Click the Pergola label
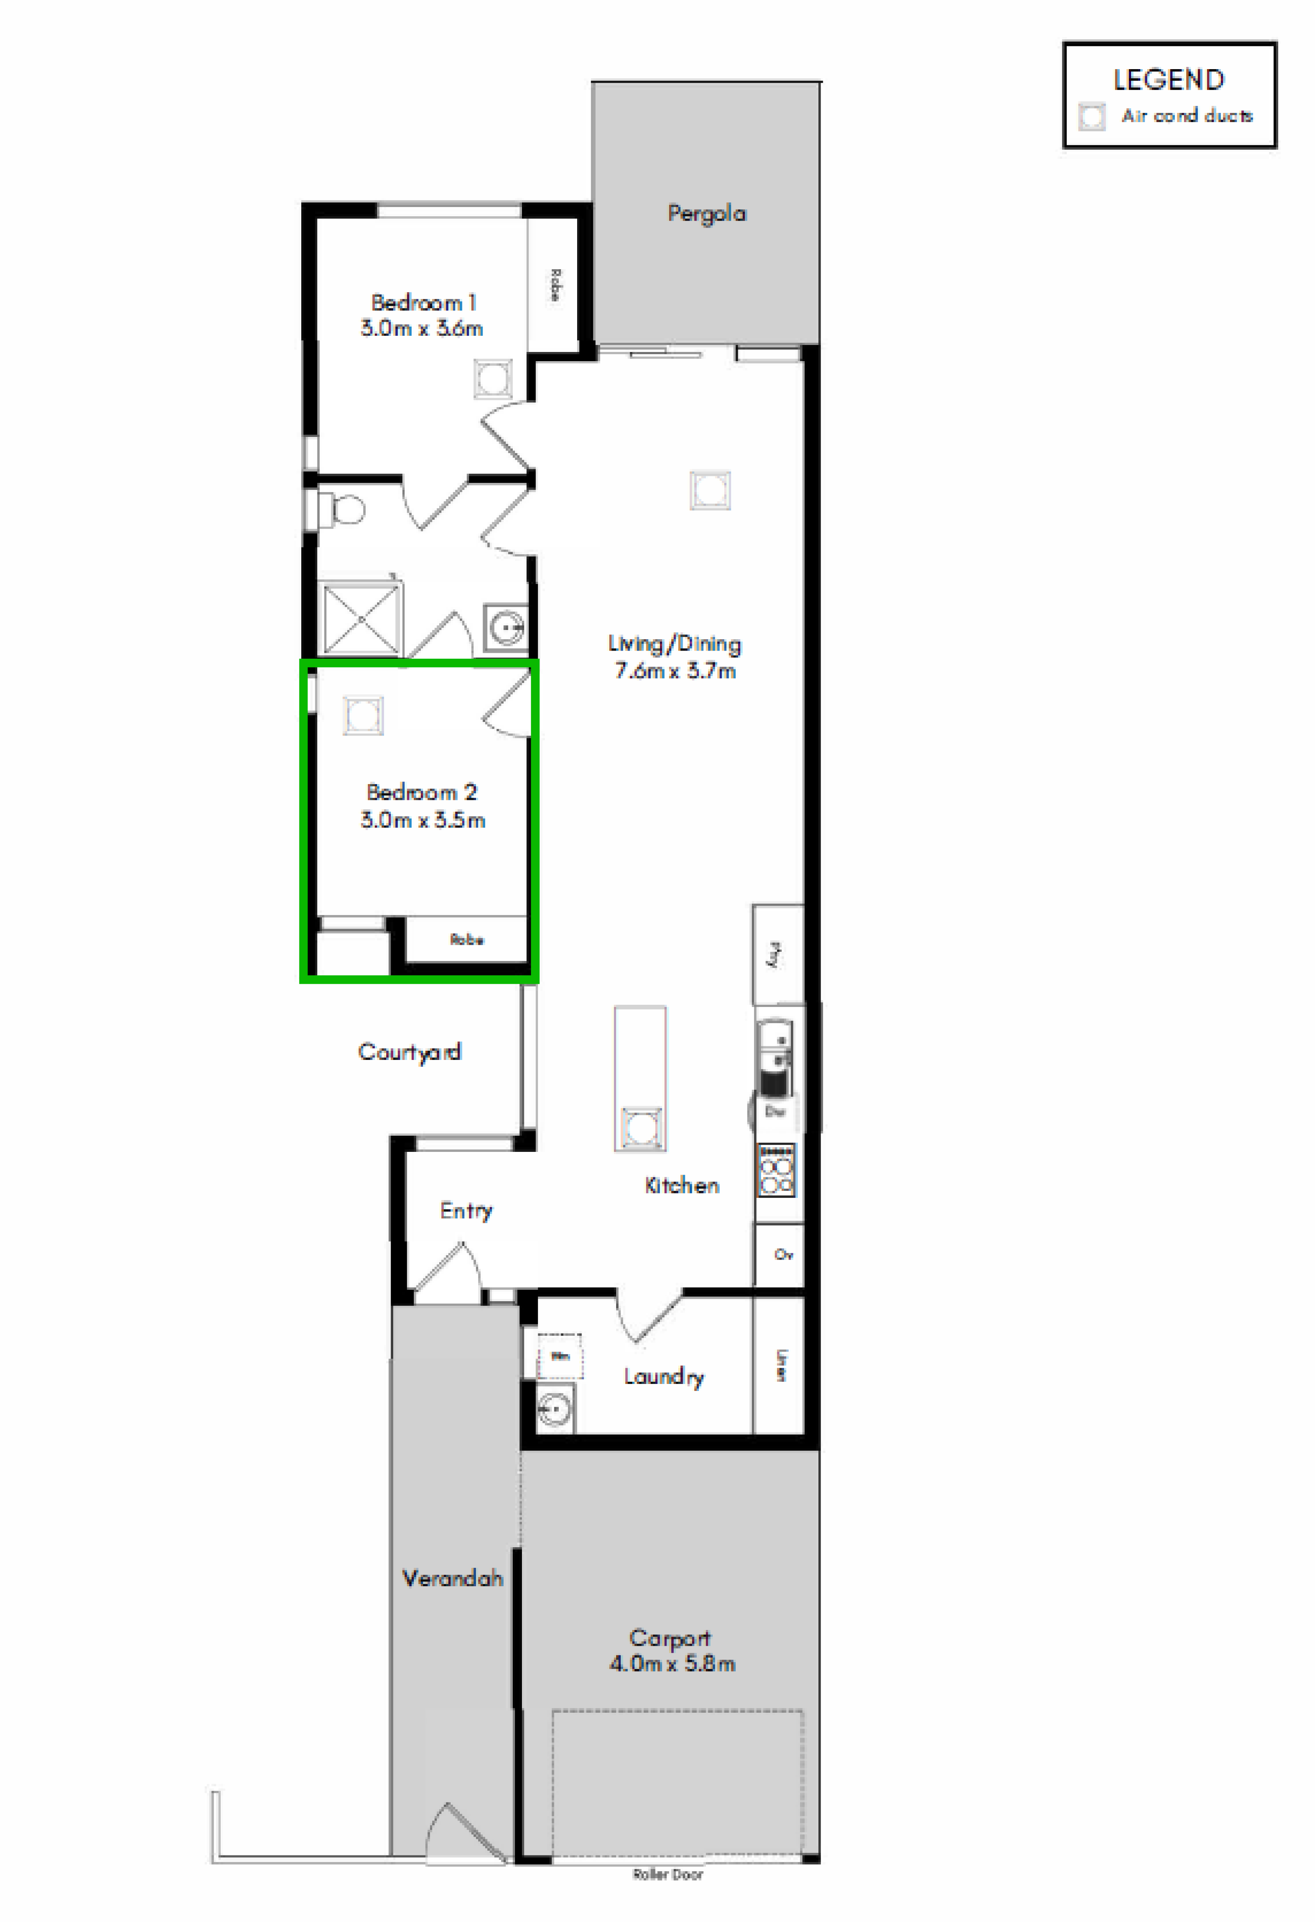click(706, 213)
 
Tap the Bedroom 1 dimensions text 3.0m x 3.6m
click(421, 328)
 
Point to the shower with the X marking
click(360, 619)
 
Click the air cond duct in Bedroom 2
click(363, 715)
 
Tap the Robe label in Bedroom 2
click(466, 940)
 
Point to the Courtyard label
click(409, 1052)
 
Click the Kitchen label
click(682, 1185)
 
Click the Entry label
click(466, 1211)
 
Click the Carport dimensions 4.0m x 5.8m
click(672, 1664)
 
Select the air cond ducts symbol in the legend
click(1092, 117)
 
